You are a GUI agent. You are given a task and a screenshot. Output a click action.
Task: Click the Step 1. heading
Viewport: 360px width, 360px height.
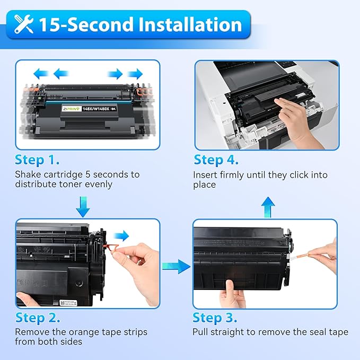(37, 160)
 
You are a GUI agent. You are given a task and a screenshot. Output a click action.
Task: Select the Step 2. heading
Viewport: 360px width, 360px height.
(37, 318)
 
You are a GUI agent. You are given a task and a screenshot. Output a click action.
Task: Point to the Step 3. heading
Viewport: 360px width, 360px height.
(215, 318)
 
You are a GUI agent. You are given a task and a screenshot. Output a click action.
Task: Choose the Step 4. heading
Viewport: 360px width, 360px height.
(216, 160)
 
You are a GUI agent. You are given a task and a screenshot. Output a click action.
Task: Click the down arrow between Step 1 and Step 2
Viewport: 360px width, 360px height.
(83, 207)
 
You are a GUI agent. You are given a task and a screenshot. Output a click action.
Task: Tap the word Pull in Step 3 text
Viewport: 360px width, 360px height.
(201, 332)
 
